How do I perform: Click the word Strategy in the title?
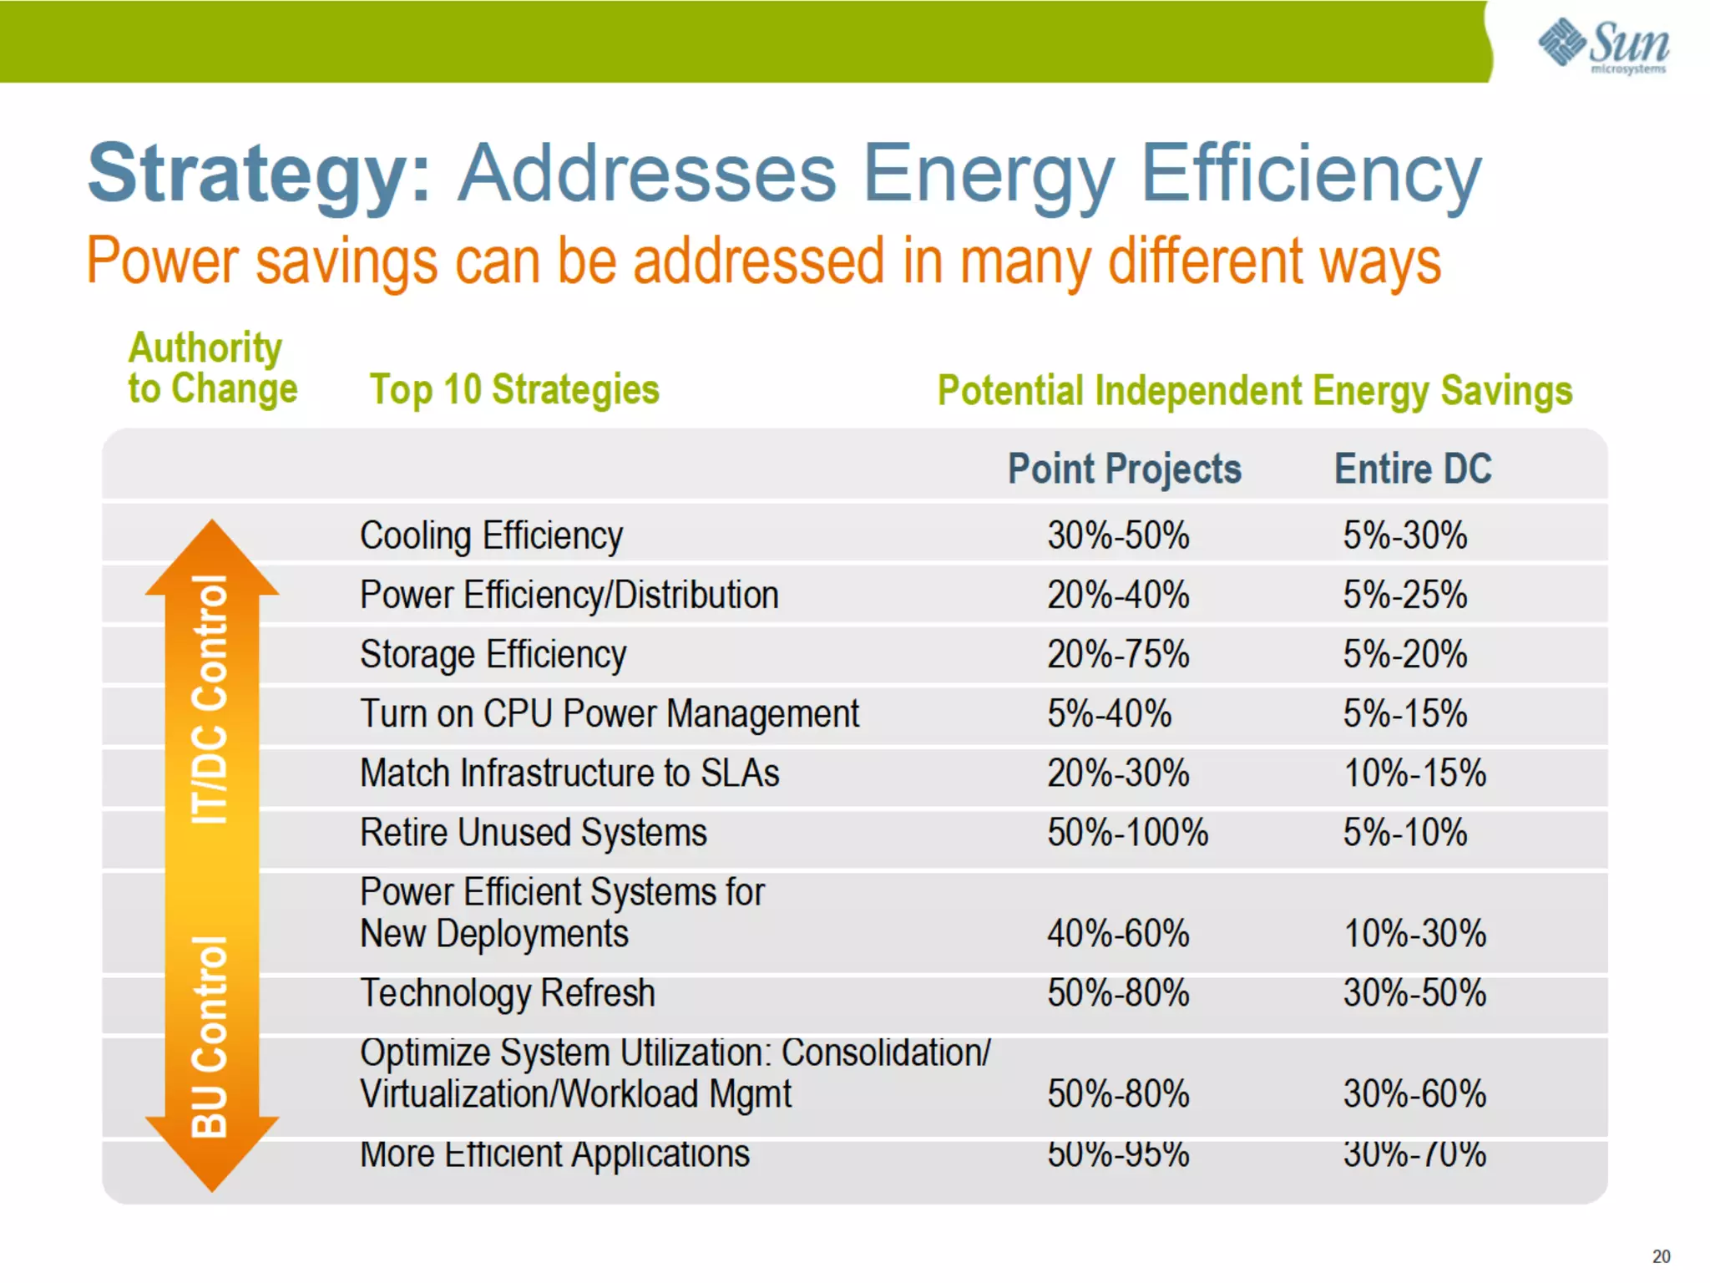point(259,174)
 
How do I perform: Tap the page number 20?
point(1661,1256)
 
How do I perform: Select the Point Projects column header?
point(1124,469)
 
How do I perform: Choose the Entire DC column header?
point(1412,469)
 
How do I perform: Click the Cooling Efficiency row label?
point(491,535)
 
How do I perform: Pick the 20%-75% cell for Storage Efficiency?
point(1118,654)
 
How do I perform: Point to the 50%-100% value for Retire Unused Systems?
point(1127,832)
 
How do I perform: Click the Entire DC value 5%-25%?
point(1404,595)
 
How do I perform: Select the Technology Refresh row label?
point(507,993)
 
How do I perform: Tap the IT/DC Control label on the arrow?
point(210,699)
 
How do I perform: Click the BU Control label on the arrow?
point(210,1037)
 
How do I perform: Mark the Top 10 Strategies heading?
point(514,389)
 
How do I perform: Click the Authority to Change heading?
point(212,368)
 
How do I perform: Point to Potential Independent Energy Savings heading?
point(1254,391)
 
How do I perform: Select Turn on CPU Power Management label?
point(609,714)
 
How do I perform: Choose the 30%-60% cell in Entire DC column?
point(1414,1093)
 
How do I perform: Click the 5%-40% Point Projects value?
point(1109,714)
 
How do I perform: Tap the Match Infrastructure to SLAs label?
point(569,773)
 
